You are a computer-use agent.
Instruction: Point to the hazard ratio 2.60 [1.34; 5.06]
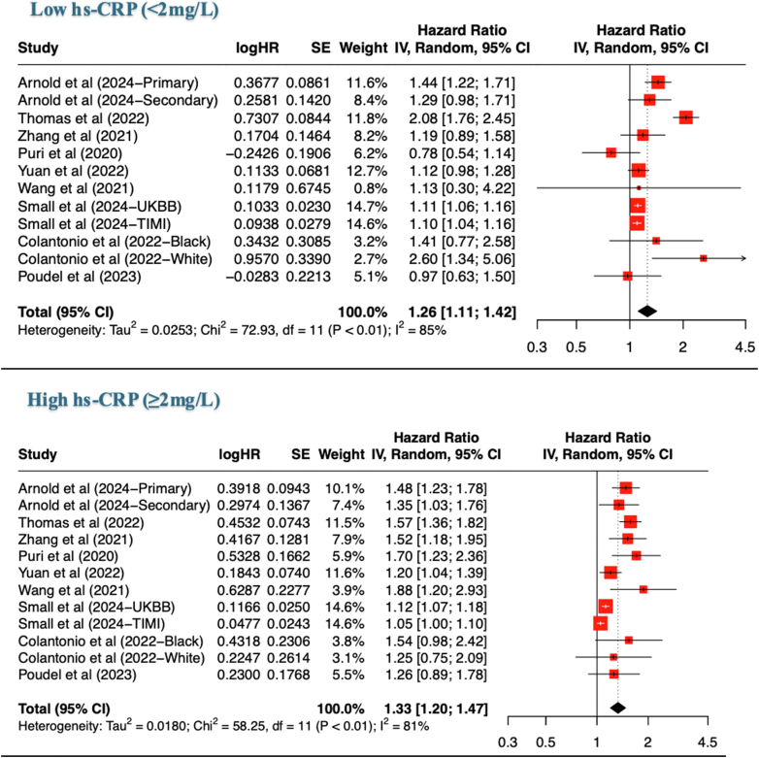tap(452, 259)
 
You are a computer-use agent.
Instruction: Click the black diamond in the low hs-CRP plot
tap(647, 312)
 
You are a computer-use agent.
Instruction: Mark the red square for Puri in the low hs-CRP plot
tap(610, 152)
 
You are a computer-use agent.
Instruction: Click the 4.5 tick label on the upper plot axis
tap(744, 346)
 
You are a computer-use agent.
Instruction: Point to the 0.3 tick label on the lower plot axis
tap(507, 743)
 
